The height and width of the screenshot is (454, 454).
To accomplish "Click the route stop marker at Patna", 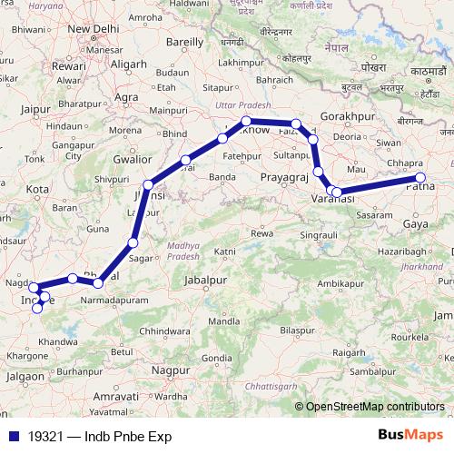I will tap(420, 178).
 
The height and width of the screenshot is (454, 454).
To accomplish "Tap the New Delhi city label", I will tap(94, 29).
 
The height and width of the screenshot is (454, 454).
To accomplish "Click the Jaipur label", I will tap(33, 109).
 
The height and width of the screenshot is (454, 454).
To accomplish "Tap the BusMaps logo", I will tap(411, 436).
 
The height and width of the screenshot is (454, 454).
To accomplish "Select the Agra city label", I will tap(126, 96).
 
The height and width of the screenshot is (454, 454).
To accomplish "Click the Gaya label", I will tap(415, 222).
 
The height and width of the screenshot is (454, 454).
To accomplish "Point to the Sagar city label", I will tap(140, 258).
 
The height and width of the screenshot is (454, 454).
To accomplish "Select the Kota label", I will tap(37, 189).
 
